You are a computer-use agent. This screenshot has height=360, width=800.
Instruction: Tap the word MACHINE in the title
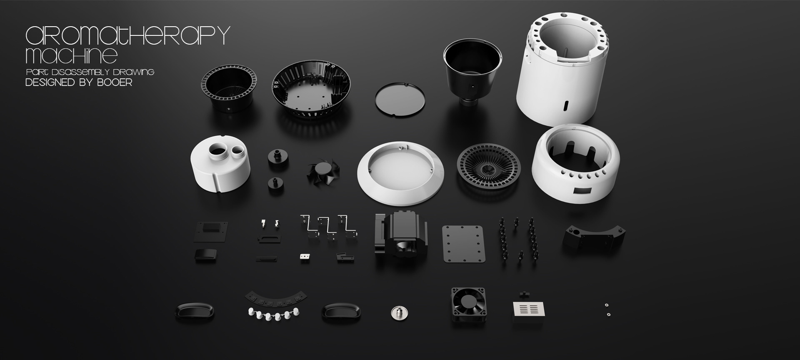pyautogui.click(x=72, y=55)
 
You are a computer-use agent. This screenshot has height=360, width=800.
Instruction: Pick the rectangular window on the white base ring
pyautogui.click(x=581, y=191)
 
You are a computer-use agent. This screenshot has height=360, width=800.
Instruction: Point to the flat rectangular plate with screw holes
pyautogui.click(x=463, y=244)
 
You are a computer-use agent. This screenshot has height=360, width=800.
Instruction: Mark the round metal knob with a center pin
pyautogui.click(x=399, y=312)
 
